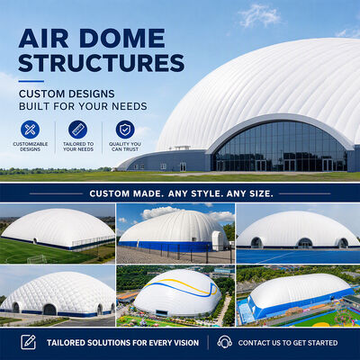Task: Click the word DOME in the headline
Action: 122,39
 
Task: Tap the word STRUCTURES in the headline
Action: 102,63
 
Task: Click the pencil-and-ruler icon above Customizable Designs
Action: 30,130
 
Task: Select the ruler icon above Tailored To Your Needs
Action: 77,130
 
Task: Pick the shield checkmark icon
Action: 125,130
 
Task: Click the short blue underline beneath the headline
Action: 31,81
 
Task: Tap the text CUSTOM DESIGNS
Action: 67,94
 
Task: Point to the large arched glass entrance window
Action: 281,146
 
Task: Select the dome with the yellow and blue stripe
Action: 177,292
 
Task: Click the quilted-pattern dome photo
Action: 58,295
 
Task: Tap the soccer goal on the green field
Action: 36,259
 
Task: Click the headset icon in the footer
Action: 225,342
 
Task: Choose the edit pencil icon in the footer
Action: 28,342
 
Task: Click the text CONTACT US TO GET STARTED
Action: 288,343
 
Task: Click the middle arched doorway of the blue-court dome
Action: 305,243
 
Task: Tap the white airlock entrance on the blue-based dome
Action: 219,241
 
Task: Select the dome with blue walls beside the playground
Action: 300,295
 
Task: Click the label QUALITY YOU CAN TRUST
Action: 125,147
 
